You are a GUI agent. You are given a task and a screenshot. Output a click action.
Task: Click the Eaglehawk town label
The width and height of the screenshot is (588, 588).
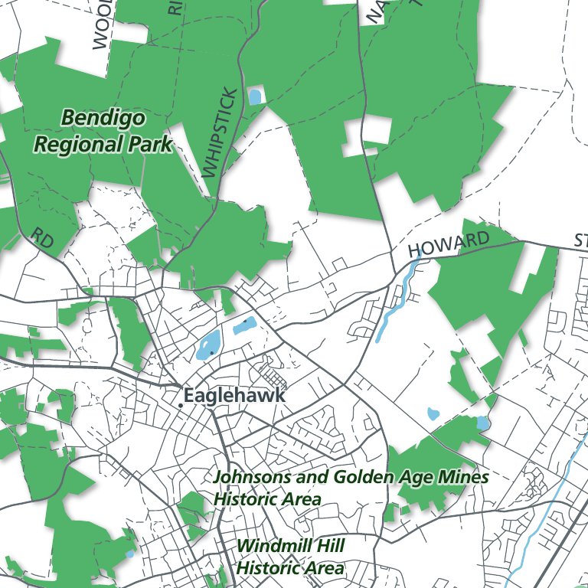(234, 396)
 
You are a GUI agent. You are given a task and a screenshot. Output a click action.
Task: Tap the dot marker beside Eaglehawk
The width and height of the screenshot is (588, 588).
(180, 404)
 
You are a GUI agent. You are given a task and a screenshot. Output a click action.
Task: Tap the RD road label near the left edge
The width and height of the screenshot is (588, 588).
(44, 239)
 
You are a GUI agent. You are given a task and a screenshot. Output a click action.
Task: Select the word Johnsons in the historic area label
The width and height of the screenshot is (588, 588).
(252, 478)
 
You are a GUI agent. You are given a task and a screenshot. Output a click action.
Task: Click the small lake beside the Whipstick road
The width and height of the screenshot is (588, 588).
(254, 96)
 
